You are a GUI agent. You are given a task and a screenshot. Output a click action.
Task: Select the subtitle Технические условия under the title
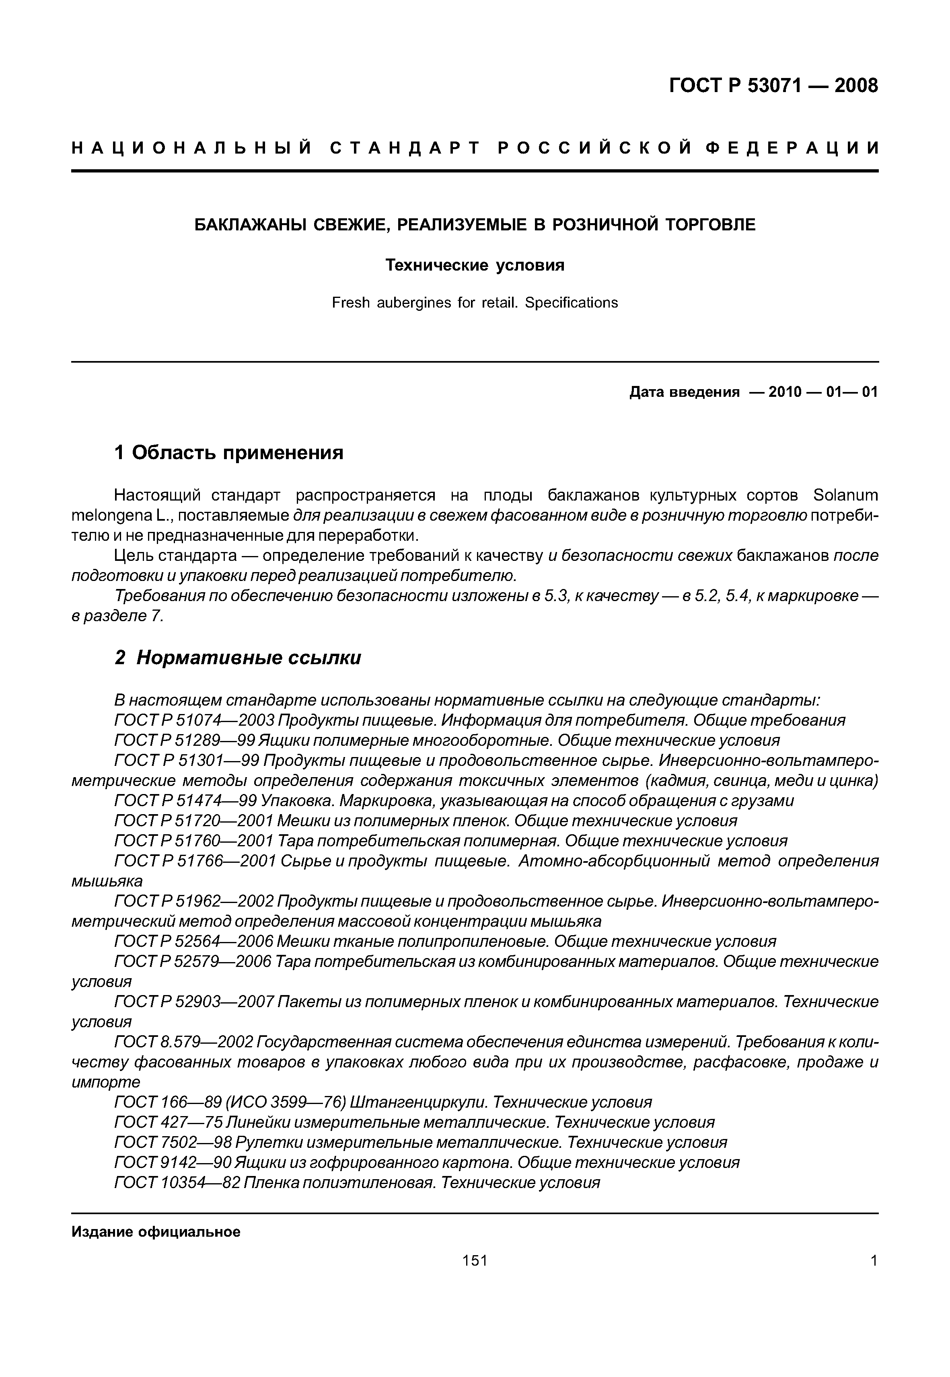coord(475,265)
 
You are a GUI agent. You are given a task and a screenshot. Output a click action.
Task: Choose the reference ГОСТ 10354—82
coord(177,1183)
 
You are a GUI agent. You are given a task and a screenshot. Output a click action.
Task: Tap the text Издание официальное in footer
coord(156,1232)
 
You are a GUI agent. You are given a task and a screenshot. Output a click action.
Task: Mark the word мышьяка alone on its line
coord(107,881)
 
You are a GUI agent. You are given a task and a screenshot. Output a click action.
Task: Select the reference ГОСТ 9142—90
coord(173,1163)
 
